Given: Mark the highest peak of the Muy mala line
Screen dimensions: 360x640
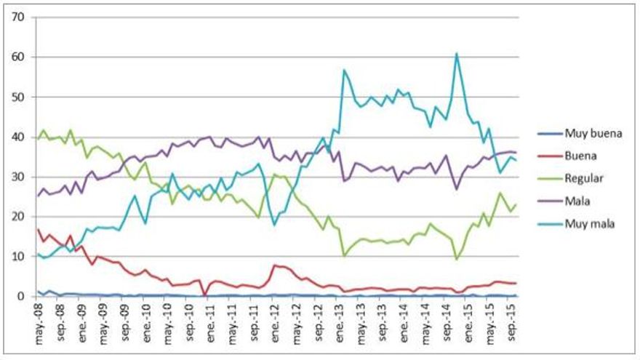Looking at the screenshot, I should [456, 53].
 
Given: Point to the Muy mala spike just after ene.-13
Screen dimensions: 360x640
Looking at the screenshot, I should [343, 71].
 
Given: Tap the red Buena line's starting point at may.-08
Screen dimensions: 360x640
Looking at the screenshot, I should [37, 230].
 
